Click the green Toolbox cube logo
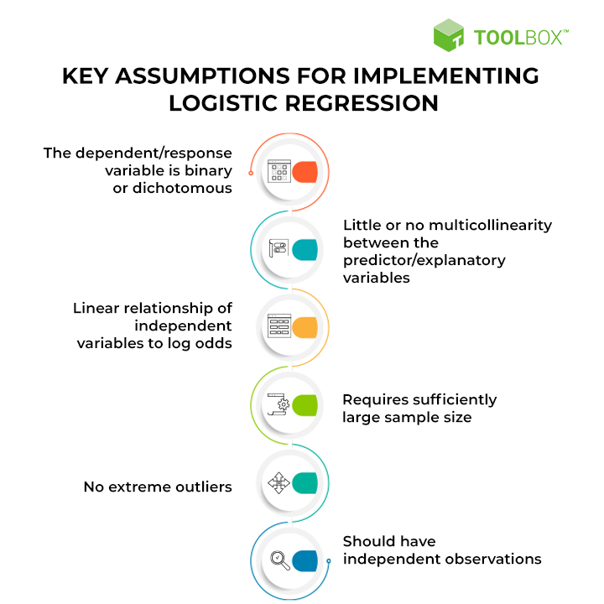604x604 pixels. pos(450,34)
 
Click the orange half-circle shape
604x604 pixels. pos(305,172)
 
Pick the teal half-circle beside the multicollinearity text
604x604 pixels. pos(305,249)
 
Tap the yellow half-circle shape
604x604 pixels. pos(305,326)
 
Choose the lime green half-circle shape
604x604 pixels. pos(305,404)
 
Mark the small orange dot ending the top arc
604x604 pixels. pos(251,173)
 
